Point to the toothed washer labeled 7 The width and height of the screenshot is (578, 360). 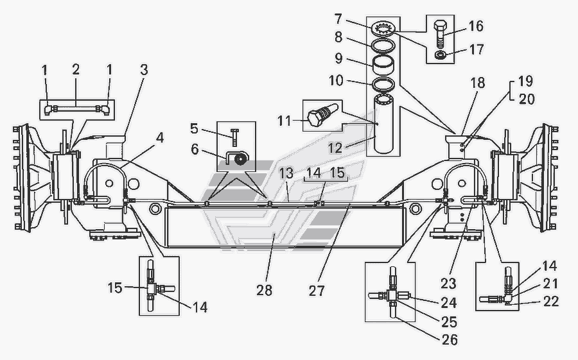tap(383, 30)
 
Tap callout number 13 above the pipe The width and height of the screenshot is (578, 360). tap(286, 174)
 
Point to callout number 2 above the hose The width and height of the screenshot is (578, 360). tap(76, 69)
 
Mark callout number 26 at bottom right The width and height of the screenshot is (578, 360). tap(450, 339)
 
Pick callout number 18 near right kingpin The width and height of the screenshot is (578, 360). tap(478, 83)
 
